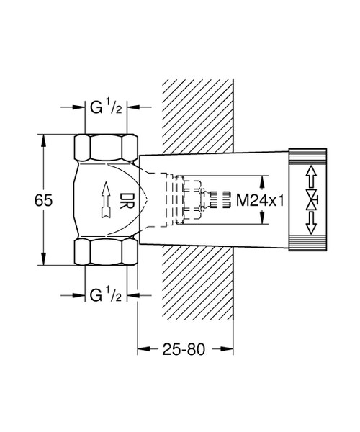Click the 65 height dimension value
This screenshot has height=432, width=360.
[x=44, y=201]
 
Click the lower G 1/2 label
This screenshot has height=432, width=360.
[x=106, y=295]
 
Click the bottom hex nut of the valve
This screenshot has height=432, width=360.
[x=106, y=253]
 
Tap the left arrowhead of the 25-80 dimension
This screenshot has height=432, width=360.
[x=143, y=350]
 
